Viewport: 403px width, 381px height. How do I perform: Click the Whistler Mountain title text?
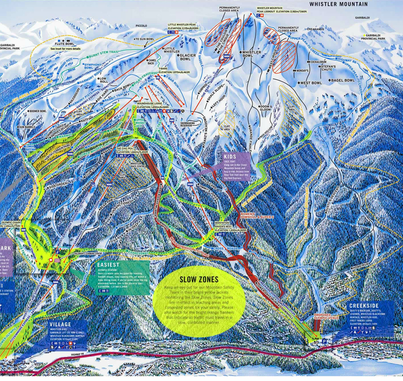coord(338,4)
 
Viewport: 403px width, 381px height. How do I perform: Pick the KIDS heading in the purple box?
coord(230,157)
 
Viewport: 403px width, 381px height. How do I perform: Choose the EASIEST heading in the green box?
coord(108,264)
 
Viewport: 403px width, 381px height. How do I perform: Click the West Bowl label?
coord(311,83)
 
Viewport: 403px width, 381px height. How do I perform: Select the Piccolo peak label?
coord(141,26)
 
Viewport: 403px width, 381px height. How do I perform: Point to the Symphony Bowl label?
coord(94,66)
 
